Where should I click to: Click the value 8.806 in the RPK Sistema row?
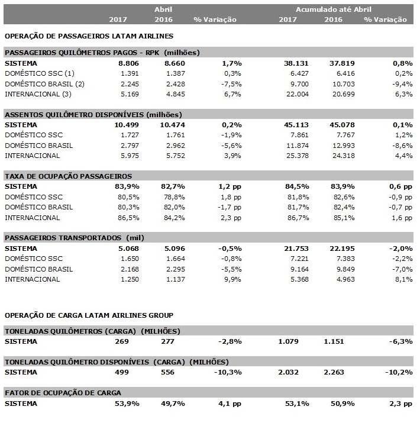(x=128, y=63)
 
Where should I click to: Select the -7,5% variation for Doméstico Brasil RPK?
(x=231, y=84)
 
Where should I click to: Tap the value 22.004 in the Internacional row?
(x=297, y=94)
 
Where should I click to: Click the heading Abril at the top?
(x=163, y=9)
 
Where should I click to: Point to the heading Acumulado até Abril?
(x=333, y=9)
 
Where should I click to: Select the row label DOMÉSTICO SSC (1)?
(x=40, y=73)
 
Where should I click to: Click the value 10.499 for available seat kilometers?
(x=127, y=125)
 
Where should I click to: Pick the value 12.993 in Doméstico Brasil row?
(x=344, y=146)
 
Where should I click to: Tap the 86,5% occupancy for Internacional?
(x=128, y=218)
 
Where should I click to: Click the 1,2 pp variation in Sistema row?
(x=230, y=186)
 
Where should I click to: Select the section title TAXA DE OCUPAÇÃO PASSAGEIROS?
(x=68, y=176)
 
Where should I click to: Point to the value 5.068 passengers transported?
(x=128, y=248)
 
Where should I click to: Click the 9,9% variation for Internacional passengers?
(x=232, y=279)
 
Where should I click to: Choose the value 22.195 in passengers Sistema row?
(x=343, y=248)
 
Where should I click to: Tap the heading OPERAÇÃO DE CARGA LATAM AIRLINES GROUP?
(x=89, y=315)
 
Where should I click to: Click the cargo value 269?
(x=122, y=341)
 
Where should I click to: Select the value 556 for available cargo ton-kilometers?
(x=167, y=372)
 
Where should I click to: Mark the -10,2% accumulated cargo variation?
(x=399, y=372)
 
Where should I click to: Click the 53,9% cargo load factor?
(x=127, y=404)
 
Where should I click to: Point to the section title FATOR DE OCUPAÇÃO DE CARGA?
(x=63, y=393)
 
